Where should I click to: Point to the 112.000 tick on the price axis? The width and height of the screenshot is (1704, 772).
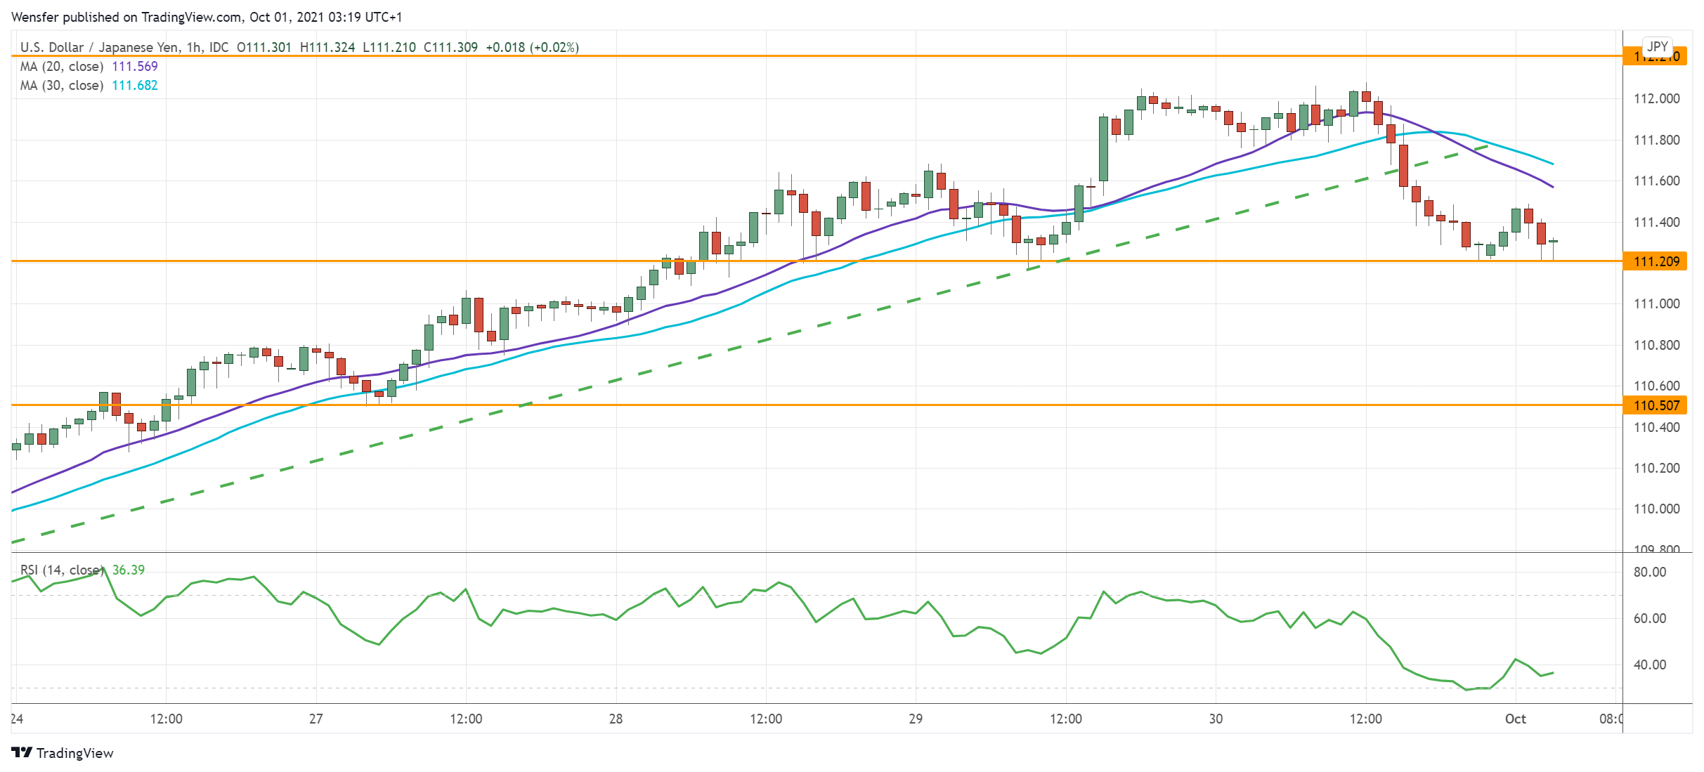[1656, 98]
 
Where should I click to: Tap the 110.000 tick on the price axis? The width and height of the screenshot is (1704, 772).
[1656, 509]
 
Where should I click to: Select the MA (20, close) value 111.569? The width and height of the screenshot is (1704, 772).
[135, 66]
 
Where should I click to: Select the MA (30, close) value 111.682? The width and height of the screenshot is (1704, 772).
[135, 85]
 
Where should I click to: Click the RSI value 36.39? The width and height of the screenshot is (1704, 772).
[129, 570]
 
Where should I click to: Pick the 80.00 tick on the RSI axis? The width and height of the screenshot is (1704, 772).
[1650, 572]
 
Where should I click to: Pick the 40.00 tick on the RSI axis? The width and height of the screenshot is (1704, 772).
[1650, 665]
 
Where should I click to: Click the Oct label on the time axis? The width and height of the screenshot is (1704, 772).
[1515, 719]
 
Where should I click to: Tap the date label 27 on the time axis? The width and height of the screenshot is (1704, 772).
[316, 719]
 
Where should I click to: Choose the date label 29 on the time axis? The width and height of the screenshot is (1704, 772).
[916, 719]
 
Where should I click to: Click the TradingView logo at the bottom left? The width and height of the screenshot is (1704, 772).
[63, 753]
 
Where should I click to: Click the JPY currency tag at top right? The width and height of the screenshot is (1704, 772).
[1658, 46]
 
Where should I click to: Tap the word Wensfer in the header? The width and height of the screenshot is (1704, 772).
[35, 17]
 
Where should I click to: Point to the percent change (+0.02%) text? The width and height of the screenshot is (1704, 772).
[554, 47]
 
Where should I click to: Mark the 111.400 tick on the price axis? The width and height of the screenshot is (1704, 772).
[1656, 222]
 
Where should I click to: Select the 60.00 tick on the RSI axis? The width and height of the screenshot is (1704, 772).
[1650, 618]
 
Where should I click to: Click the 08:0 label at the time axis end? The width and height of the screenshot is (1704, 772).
[1611, 719]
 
